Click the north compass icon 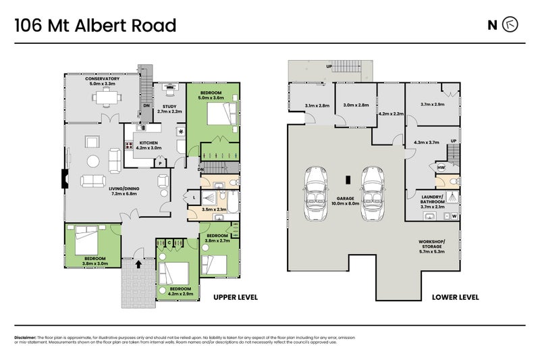tap(512, 25)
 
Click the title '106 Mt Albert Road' tap(95, 26)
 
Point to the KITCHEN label tap(148, 143)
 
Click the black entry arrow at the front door tap(139, 263)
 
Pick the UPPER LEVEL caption tap(236, 297)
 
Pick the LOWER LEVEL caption tap(456, 297)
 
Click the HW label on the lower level tap(440, 168)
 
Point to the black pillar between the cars tap(347, 180)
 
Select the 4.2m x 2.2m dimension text tap(391, 114)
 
